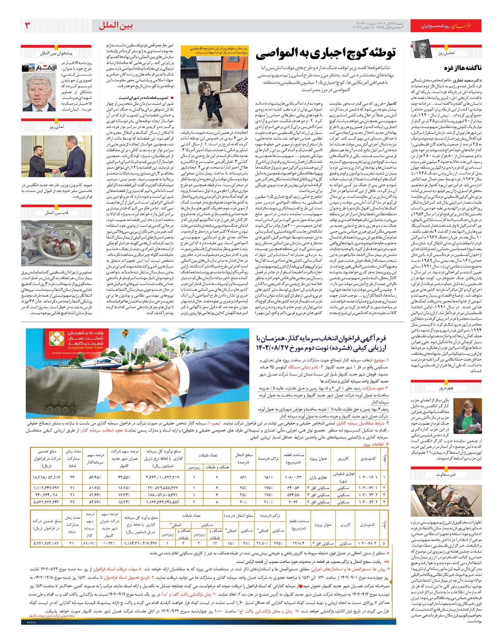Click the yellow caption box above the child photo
214,50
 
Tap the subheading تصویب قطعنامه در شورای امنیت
143,98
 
